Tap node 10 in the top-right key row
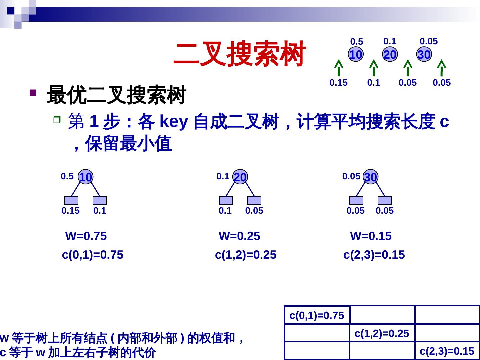click(x=356, y=54)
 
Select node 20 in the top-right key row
click(x=390, y=54)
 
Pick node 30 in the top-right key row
click(x=424, y=54)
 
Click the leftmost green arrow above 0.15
click(x=339, y=68)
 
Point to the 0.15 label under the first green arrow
click(x=338, y=83)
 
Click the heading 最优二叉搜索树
click(x=116, y=95)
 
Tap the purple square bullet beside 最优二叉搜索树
click(x=33, y=92)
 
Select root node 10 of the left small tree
click(x=86, y=177)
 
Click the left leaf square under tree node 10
click(x=71, y=200)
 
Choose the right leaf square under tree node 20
click(x=254, y=200)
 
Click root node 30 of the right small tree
click(x=371, y=177)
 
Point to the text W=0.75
click(x=86, y=236)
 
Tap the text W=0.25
click(x=239, y=236)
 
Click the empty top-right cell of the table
click(x=447, y=315)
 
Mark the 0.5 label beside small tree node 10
click(x=67, y=176)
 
